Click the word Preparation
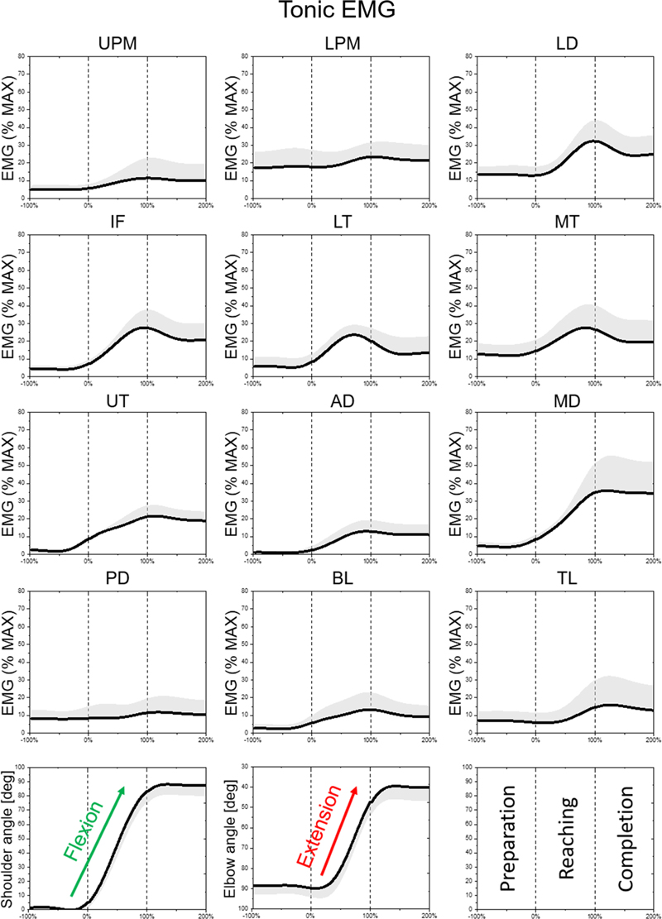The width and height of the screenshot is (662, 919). (x=508, y=837)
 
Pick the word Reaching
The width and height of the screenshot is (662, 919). (x=567, y=837)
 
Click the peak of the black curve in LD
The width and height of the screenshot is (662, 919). (x=592, y=141)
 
